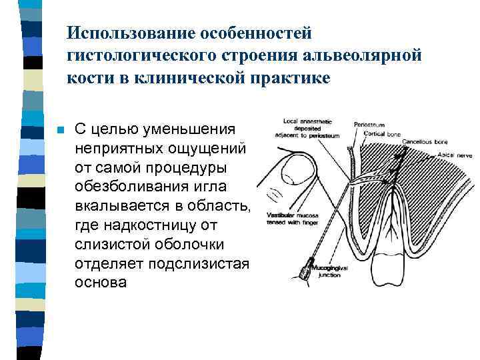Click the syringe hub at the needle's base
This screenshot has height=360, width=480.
307,271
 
